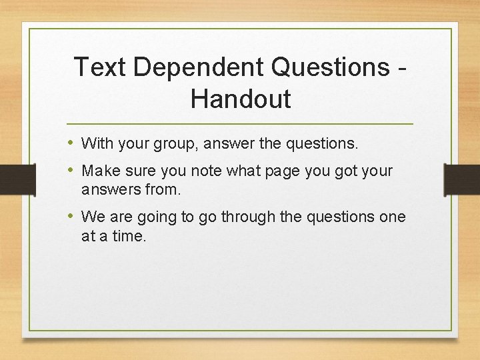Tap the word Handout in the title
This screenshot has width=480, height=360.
click(241, 99)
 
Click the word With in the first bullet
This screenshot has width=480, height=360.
click(97, 143)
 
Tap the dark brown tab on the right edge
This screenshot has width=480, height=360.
click(462, 179)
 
